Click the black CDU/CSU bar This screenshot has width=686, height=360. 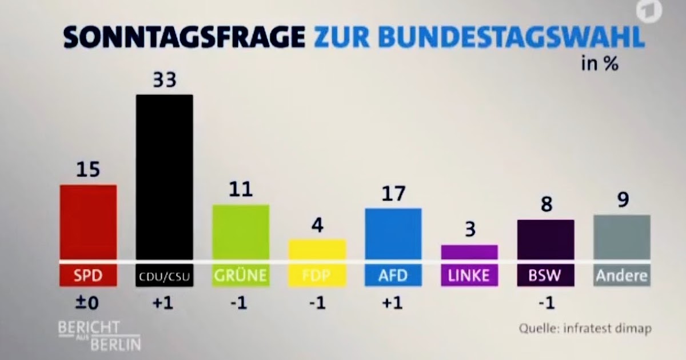[x=164, y=177]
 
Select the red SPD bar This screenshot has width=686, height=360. [x=88, y=222]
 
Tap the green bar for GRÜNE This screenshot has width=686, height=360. [x=241, y=232]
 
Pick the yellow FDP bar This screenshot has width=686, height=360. [x=317, y=250]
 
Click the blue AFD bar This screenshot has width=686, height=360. [x=393, y=234]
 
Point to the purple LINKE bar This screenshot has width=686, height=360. [x=469, y=252]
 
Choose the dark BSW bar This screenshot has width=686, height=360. [x=545, y=239]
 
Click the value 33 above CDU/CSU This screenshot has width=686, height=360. [x=164, y=81]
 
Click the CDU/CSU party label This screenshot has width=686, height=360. [x=164, y=277]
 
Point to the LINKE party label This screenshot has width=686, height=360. [x=469, y=276]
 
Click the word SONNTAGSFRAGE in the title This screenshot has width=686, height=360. [x=184, y=38]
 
